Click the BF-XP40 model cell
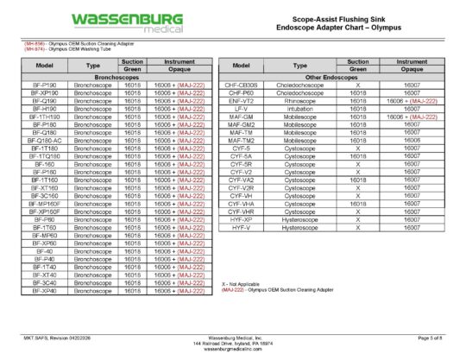(44, 291)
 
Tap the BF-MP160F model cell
(44, 204)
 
